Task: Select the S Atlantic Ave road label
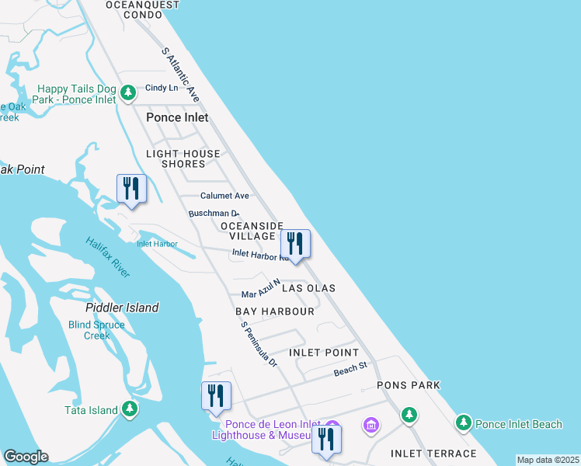(x=181, y=75)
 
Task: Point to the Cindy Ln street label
(x=162, y=88)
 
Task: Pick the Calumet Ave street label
(x=224, y=196)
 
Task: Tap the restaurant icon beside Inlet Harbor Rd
(x=295, y=244)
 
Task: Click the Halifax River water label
(x=108, y=257)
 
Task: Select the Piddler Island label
(x=122, y=308)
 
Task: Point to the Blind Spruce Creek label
(x=97, y=330)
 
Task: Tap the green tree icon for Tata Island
(x=130, y=409)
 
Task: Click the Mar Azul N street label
(x=260, y=290)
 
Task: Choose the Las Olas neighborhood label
(x=308, y=288)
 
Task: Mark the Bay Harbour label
(x=275, y=311)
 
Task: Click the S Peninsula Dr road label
(x=259, y=345)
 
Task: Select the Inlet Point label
(x=324, y=353)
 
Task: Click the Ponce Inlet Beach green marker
(x=464, y=423)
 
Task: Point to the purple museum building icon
(x=371, y=426)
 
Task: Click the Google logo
(x=26, y=457)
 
